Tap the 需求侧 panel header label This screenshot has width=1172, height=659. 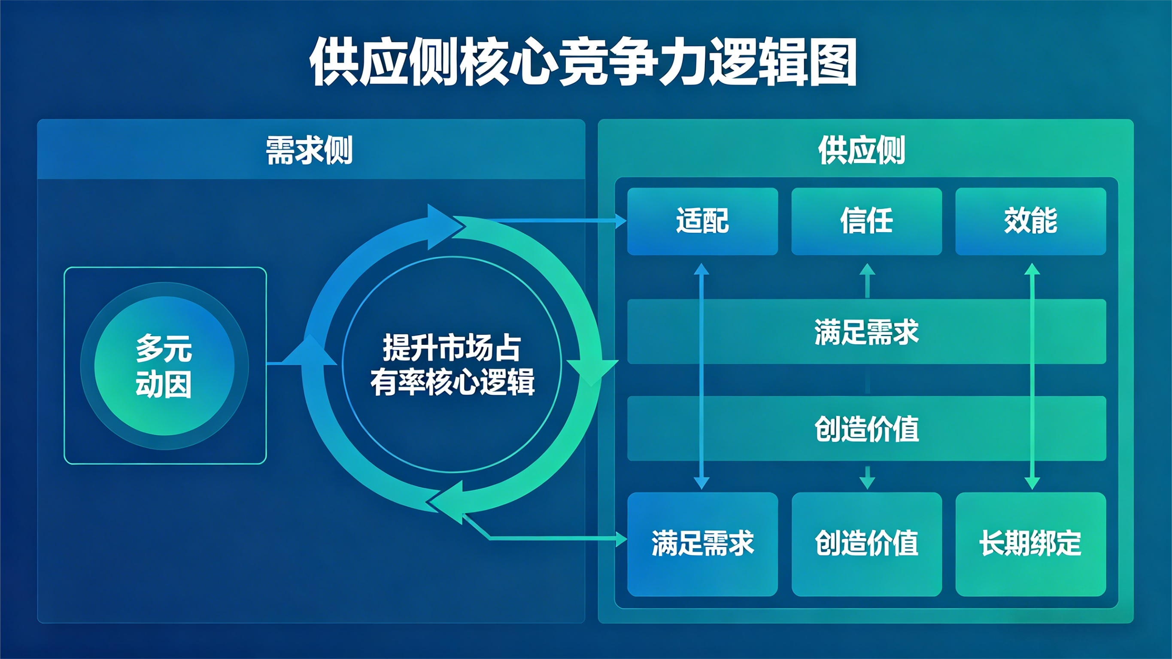[310, 150]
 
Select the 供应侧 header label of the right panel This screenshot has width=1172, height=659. [862, 150]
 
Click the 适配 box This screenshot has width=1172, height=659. [702, 221]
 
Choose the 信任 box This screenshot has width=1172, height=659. [866, 221]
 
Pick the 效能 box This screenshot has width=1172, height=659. [1030, 221]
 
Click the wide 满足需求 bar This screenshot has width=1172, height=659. [866, 331]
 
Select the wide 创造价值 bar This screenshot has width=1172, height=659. [866, 428]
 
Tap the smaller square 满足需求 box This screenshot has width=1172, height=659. [702, 544]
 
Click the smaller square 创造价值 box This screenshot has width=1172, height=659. [866, 544]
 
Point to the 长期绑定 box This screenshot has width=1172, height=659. [1030, 544]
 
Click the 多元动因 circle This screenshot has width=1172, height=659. [164, 366]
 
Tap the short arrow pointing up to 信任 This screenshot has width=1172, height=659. [867, 280]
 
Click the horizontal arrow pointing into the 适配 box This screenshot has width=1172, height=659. [555, 221]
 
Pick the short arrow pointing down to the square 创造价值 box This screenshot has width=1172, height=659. [867, 478]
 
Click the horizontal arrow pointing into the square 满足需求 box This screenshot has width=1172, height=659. [555, 538]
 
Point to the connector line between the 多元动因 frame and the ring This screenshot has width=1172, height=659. [276, 363]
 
